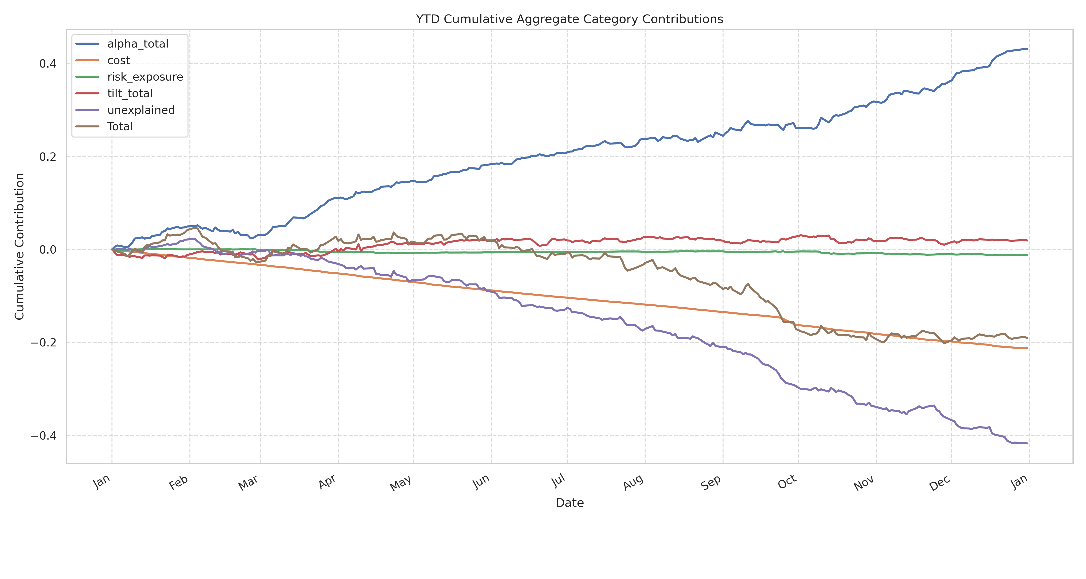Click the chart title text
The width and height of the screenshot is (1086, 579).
(x=569, y=19)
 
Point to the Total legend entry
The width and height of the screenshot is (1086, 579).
(x=120, y=126)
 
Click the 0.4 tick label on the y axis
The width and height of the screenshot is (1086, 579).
(x=48, y=64)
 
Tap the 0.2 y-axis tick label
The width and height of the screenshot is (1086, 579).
(x=48, y=157)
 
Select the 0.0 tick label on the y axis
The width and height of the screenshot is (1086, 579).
(x=48, y=249)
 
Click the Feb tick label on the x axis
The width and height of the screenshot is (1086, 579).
(x=179, y=482)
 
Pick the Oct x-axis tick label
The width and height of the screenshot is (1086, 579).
(x=787, y=482)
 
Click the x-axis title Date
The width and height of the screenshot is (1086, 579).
(x=570, y=503)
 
